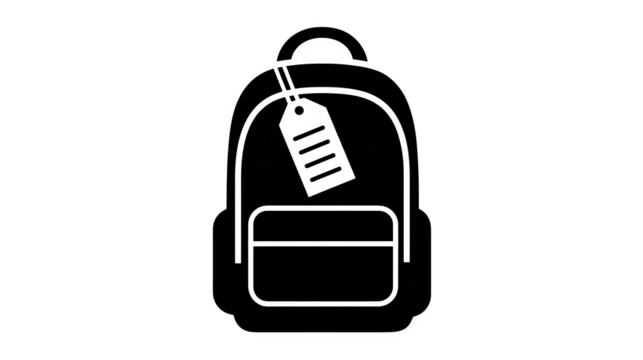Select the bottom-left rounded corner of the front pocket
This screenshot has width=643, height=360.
coord(256,302)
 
